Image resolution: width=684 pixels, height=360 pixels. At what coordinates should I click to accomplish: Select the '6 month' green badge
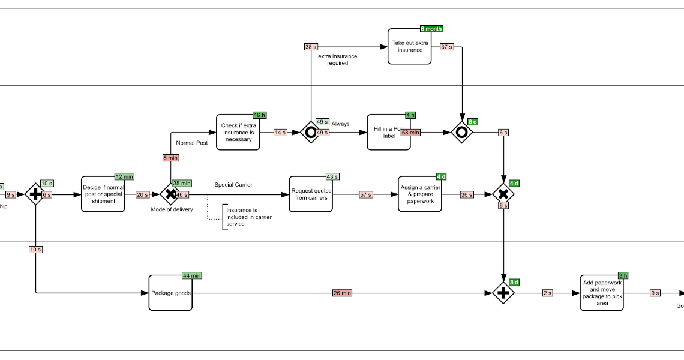[431, 29]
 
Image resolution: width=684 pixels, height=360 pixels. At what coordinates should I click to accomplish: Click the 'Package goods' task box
[170, 293]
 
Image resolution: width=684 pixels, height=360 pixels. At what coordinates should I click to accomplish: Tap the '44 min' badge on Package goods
[192, 275]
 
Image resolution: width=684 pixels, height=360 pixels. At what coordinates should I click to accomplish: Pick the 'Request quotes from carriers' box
[311, 194]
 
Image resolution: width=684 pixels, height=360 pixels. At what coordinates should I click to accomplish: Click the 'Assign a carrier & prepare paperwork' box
[420, 194]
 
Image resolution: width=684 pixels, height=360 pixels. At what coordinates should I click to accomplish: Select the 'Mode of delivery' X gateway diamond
[170, 194]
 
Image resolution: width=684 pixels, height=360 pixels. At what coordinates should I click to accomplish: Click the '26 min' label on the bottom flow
[342, 293]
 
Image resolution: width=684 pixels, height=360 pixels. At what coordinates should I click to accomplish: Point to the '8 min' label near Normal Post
[170, 158]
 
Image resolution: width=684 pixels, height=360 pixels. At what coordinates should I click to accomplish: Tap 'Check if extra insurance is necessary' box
[238, 132]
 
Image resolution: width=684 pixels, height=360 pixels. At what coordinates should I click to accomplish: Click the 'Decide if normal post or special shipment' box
[103, 194]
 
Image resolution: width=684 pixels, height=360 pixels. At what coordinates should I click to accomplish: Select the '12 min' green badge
[124, 176]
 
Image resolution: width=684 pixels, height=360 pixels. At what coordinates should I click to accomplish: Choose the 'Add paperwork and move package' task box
[602, 293]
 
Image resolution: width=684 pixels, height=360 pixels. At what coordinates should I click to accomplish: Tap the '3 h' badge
[623, 275]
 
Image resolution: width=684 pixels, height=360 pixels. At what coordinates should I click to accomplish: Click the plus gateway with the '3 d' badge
[503, 293]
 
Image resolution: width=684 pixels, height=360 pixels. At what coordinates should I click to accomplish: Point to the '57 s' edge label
[365, 194]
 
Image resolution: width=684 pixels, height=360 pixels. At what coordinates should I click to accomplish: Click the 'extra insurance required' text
[337, 59]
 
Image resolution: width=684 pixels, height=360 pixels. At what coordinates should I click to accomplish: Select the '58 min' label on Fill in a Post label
[410, 132]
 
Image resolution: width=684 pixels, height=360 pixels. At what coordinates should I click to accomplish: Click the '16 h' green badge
[259, 115]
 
